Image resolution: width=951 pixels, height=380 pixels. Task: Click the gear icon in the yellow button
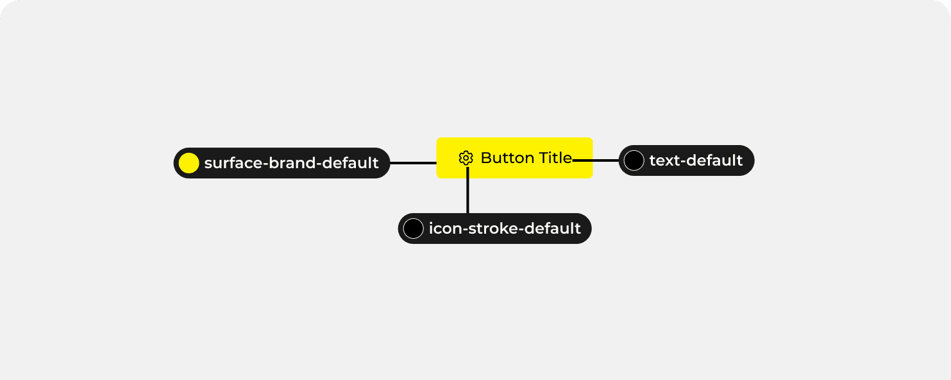coord(466,158)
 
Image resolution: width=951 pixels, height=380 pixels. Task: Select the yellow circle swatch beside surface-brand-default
coord(189,163)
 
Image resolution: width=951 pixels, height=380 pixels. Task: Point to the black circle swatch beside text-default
coord(634,160)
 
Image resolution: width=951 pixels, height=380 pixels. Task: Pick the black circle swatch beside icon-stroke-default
coord(413,229)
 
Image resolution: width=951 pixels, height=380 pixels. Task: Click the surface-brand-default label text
coord(291,163)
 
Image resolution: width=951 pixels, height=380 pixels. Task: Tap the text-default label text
coord(696,160)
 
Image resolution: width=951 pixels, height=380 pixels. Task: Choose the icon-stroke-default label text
coord(505,229)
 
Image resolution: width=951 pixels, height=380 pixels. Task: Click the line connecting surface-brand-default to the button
coord(413,163)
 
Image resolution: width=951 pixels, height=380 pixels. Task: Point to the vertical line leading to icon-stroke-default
coord(467,193)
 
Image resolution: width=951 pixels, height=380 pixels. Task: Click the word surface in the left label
coord(228,163)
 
